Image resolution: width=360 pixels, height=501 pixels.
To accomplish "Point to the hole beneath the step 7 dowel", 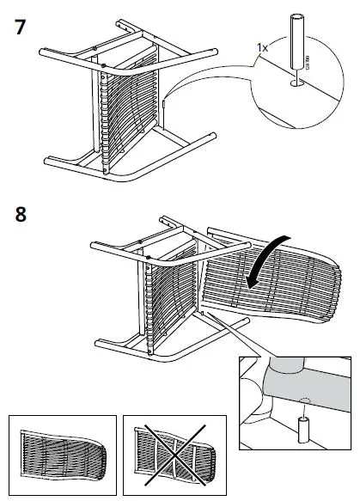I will click(296, 83).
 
